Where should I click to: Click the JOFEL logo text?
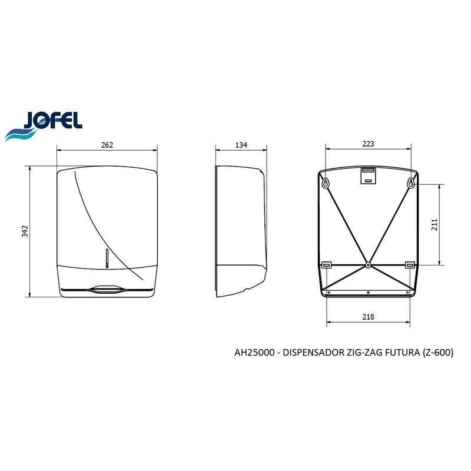tap(53, 120)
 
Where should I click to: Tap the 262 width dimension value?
tap(107, 145)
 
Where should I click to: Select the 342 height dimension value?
tap(25, 231)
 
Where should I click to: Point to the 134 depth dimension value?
tap(241, 145)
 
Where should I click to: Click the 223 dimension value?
tap(368, 144)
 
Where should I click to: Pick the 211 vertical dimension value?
tap(434, 225)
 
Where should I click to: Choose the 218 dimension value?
tap(368, 317)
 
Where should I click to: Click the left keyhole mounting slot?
tap(326, 183)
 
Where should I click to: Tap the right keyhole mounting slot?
tap(411, 183)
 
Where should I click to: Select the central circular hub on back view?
tap(368, 265)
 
